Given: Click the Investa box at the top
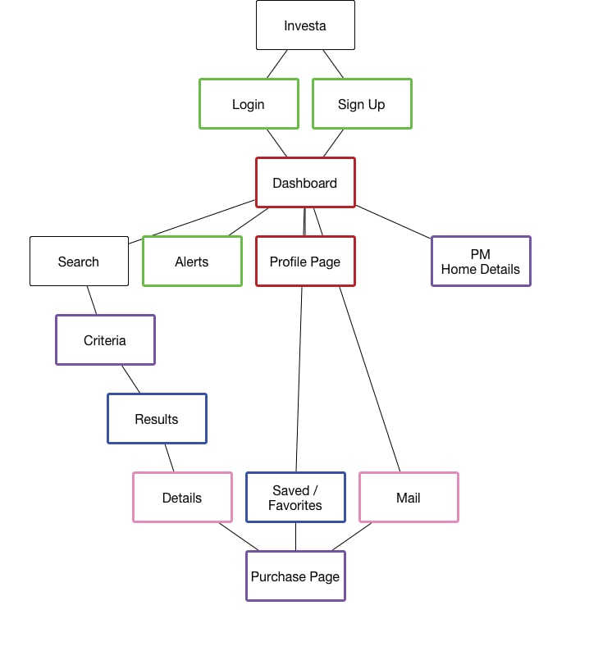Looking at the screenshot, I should click(305, 25).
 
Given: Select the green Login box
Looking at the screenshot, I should click(249, 104).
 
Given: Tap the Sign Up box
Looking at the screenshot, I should click(362, 104).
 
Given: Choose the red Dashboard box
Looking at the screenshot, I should click(305, 183).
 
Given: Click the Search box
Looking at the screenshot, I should click(79, 262).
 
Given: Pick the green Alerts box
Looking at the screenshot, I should click(192, 262).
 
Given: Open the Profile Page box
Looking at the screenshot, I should click(305, 262).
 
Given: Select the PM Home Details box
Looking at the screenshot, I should click(481, 262).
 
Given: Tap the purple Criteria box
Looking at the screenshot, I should click(105, 340).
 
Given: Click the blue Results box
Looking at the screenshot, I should click(157, 419).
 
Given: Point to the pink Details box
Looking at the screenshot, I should click(182, 498).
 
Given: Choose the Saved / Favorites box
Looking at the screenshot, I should click(295, 498).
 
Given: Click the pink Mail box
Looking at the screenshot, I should click(409, 498).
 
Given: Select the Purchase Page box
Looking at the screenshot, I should click(295, 576).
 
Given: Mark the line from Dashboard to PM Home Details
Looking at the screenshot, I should click(393, 222).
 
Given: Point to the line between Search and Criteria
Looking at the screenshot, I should click(92, 300).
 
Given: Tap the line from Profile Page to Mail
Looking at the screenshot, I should click(369, 379).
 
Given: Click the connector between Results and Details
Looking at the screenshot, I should click(169, 457).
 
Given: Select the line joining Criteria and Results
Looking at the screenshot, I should click(131, 379).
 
